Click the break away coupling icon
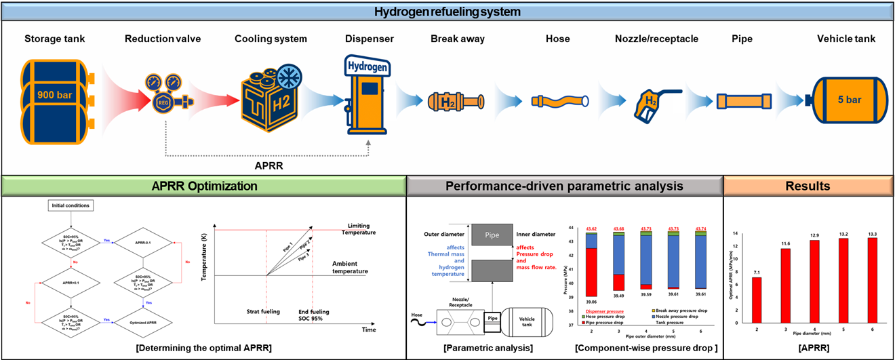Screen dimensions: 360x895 point(452,101)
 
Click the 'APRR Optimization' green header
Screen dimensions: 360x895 point(203,186)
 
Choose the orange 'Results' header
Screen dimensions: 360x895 point(808,186)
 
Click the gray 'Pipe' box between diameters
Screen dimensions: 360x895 point(490,235)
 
